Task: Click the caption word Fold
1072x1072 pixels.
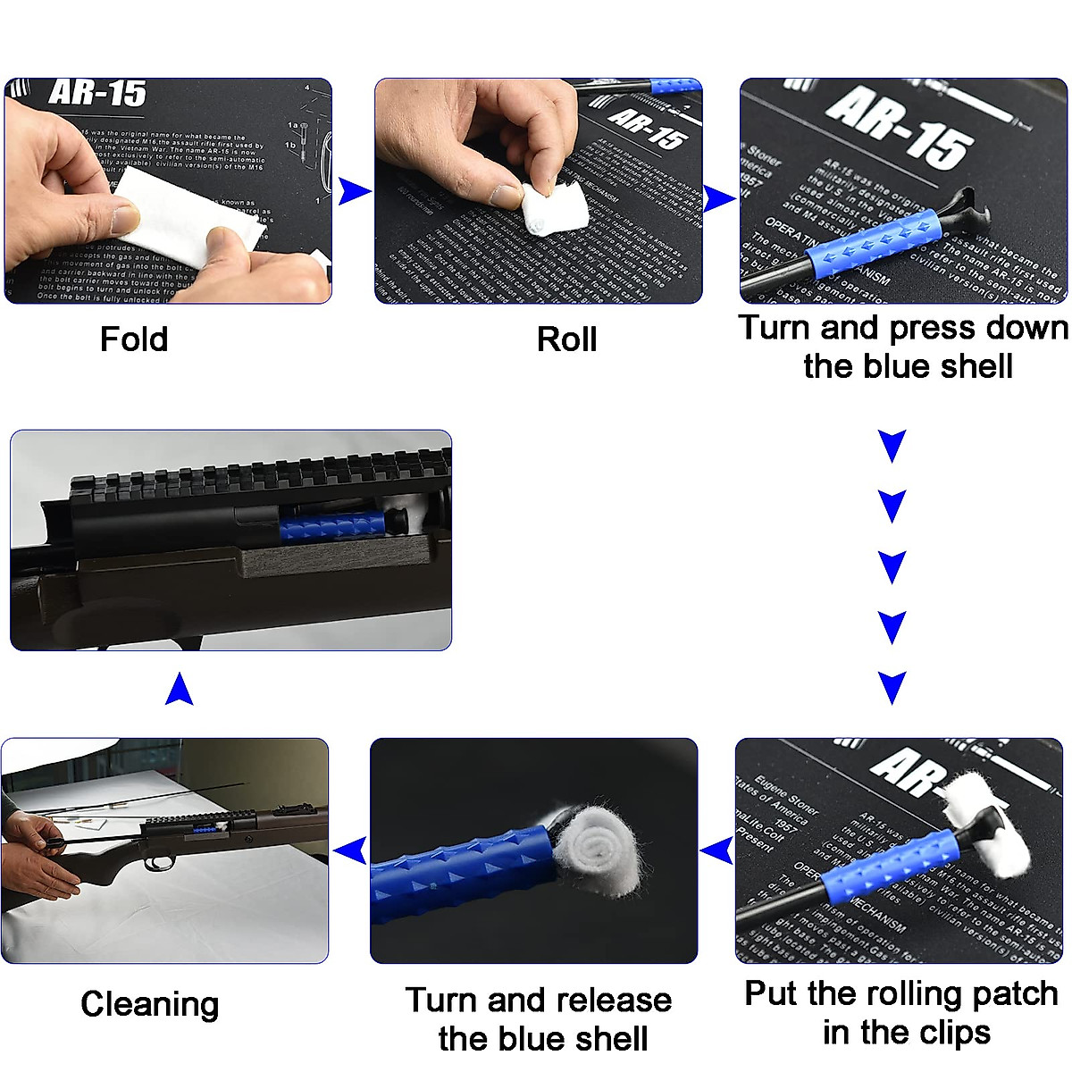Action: pos(134,339)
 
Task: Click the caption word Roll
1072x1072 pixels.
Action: pos(566,339)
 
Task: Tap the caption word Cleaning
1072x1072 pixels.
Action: pos(149,1004)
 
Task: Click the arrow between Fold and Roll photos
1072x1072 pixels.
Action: pos(355,190)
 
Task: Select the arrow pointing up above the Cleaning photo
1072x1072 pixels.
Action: pos(180,689)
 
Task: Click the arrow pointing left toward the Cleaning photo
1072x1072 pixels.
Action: pos(351,850)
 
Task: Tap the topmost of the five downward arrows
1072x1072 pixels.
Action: pos(892,445)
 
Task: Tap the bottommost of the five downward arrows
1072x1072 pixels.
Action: pos(892,687)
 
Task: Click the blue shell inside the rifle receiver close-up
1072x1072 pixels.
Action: pos(332,526)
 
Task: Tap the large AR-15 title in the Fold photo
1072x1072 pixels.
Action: pos(98,93)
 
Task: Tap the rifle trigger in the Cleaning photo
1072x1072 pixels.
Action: pos(161,862)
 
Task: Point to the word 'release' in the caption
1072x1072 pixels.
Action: pos(618,1000)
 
